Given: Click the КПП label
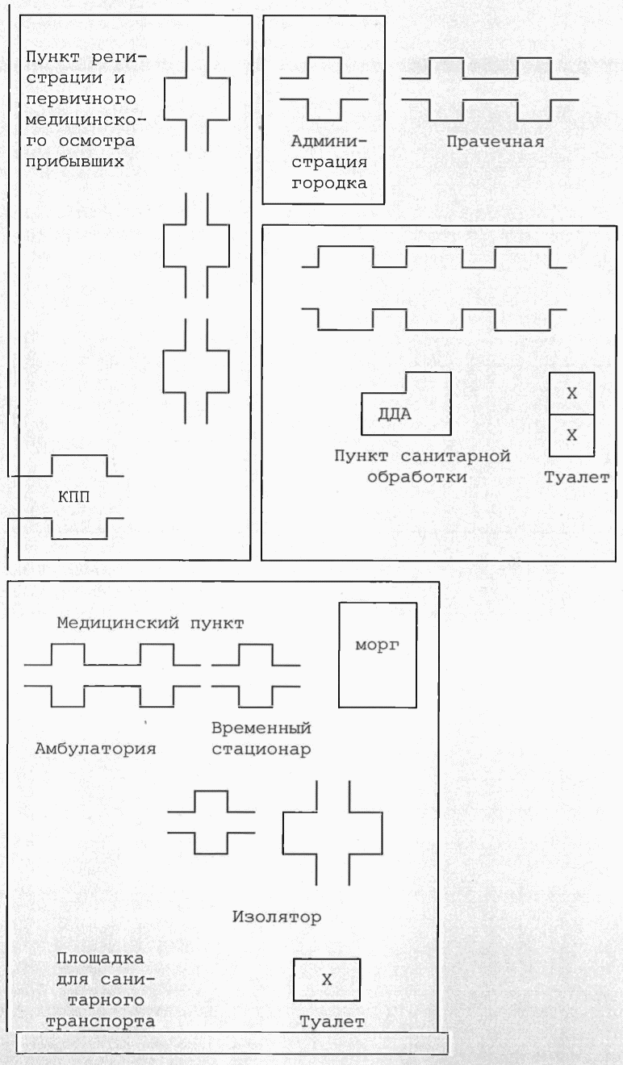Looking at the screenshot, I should click(x=74, y=497).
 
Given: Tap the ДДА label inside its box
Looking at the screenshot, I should click(x=395, y=416).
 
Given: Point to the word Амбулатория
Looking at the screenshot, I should click(x=95, y=747).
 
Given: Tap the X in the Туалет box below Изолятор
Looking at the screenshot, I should click(x=327, y=979).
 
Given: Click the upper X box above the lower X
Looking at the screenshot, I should click(x=572, y=393).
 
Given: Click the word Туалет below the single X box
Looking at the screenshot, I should click(x=332, y=1021).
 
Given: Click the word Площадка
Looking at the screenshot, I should click(x=101, y=958).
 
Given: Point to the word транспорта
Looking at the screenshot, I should click(x=106, y=1021).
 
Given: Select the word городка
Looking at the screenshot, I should click(x=328, y=182).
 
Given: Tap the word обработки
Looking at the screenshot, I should click(x=416, y=476).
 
